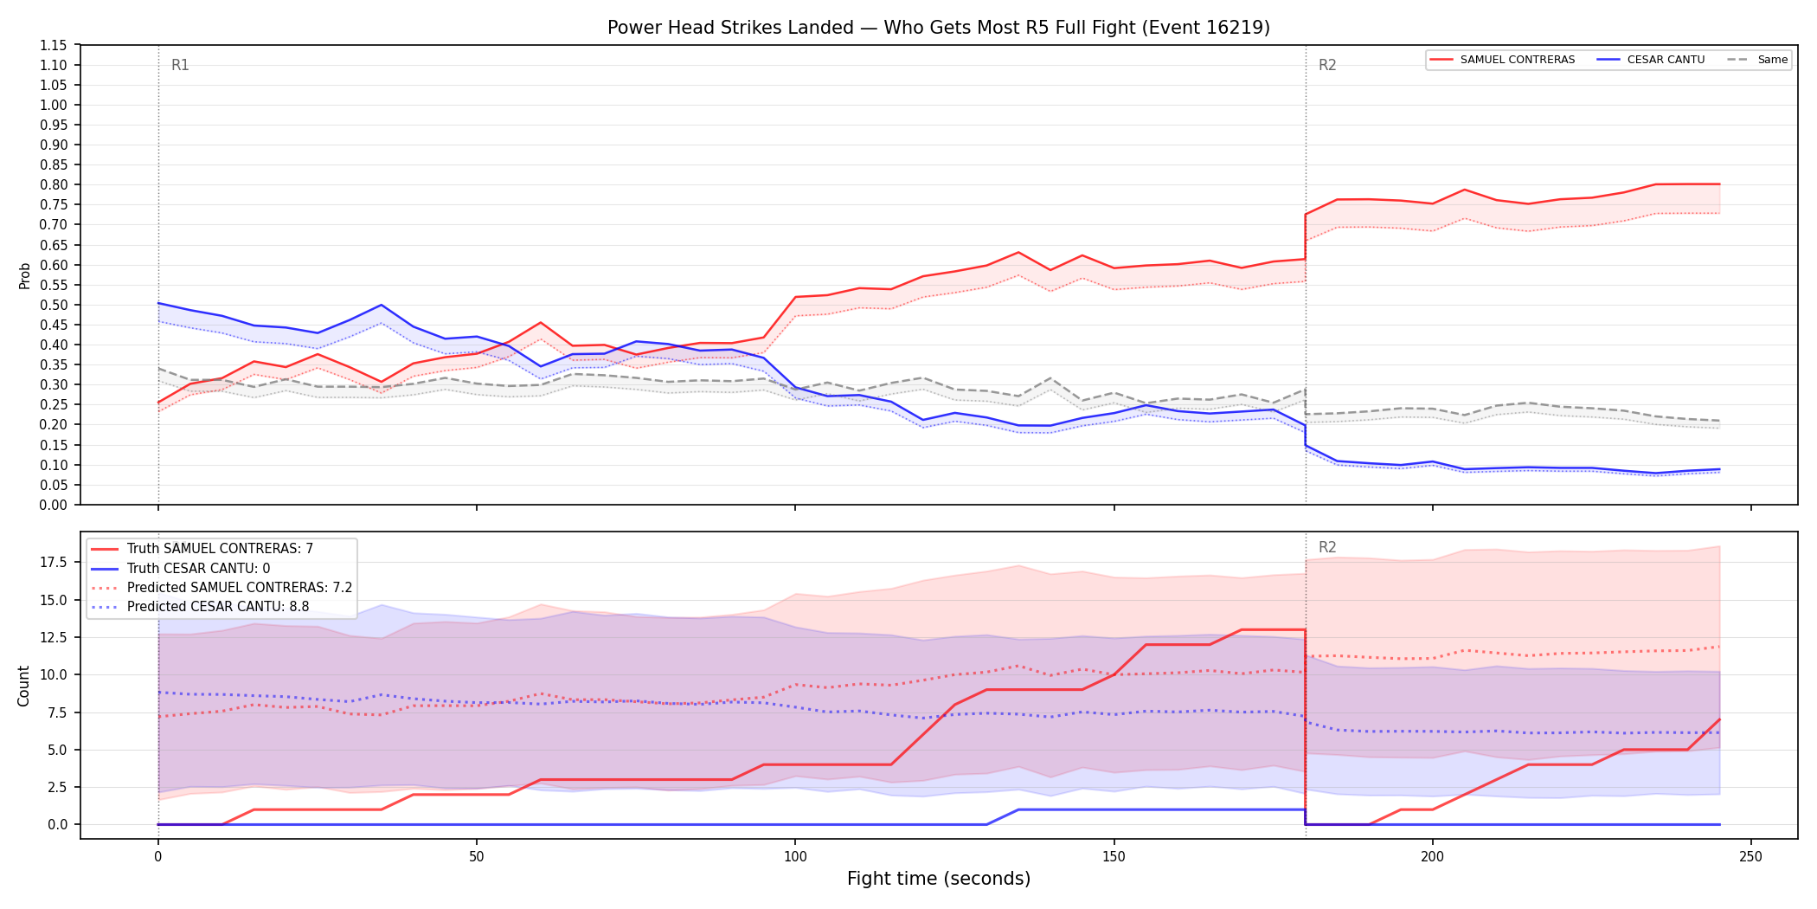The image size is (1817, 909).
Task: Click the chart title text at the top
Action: click(x=939, y=28)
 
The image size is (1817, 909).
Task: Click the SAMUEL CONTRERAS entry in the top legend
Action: click(x=1502, y=60)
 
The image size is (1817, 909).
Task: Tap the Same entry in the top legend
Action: click(x=1757, y=60)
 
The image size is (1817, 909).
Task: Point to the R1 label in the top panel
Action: click(x=180, y=65)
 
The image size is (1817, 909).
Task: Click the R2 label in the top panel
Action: click(x=1327, y=65)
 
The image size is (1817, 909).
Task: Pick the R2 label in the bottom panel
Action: click(x=1327, y=547)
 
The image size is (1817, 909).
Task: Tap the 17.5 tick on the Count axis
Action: click(x=55, y=563)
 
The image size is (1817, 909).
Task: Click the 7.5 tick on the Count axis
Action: click(x=58, y=712)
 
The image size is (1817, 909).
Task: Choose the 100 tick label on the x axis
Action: click(x=795, y=857)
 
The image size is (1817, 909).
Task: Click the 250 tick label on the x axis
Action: click(x=1751, y=857)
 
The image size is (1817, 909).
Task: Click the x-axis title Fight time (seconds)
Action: click(x=939, y=879)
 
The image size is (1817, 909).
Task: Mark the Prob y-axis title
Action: click(x=24, y=275)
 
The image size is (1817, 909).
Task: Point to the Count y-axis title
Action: click(x=23, y=686)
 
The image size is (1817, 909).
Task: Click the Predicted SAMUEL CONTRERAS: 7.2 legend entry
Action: click(x=222, y=587)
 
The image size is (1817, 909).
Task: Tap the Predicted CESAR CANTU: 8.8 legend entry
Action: click(x=200, y=606)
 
